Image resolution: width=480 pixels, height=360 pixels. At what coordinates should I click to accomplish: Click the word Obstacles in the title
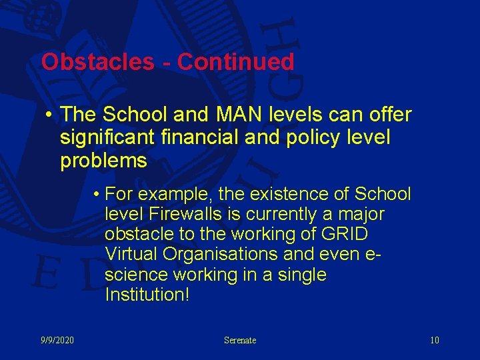pyautogui.click(x=97, y=62)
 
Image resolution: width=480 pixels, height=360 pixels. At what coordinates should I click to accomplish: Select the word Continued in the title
pyautogui.click(x=236, y=62)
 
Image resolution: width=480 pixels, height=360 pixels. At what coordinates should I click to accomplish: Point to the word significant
pyautogui.click(x=107, y=138)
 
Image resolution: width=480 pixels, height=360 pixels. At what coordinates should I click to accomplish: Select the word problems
pyautogui.click(x=103, y=161)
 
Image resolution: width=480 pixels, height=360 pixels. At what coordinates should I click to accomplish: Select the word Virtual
pyautogui.click(x=131, y=255)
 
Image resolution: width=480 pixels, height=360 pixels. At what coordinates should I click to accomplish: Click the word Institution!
pyautogui.click(x=147, y=295)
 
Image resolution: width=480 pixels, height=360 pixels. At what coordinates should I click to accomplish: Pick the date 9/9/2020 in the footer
pyautogui.click(x=57, y=341)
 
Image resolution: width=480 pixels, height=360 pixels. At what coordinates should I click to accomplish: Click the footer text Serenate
pyautogui.click(x=240, y=341)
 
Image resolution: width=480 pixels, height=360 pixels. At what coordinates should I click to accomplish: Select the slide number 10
pyautogui.click(x=435, y=341)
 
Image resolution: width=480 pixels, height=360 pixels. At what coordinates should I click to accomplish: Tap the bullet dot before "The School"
pyautogui.click(x=49, y=115)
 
